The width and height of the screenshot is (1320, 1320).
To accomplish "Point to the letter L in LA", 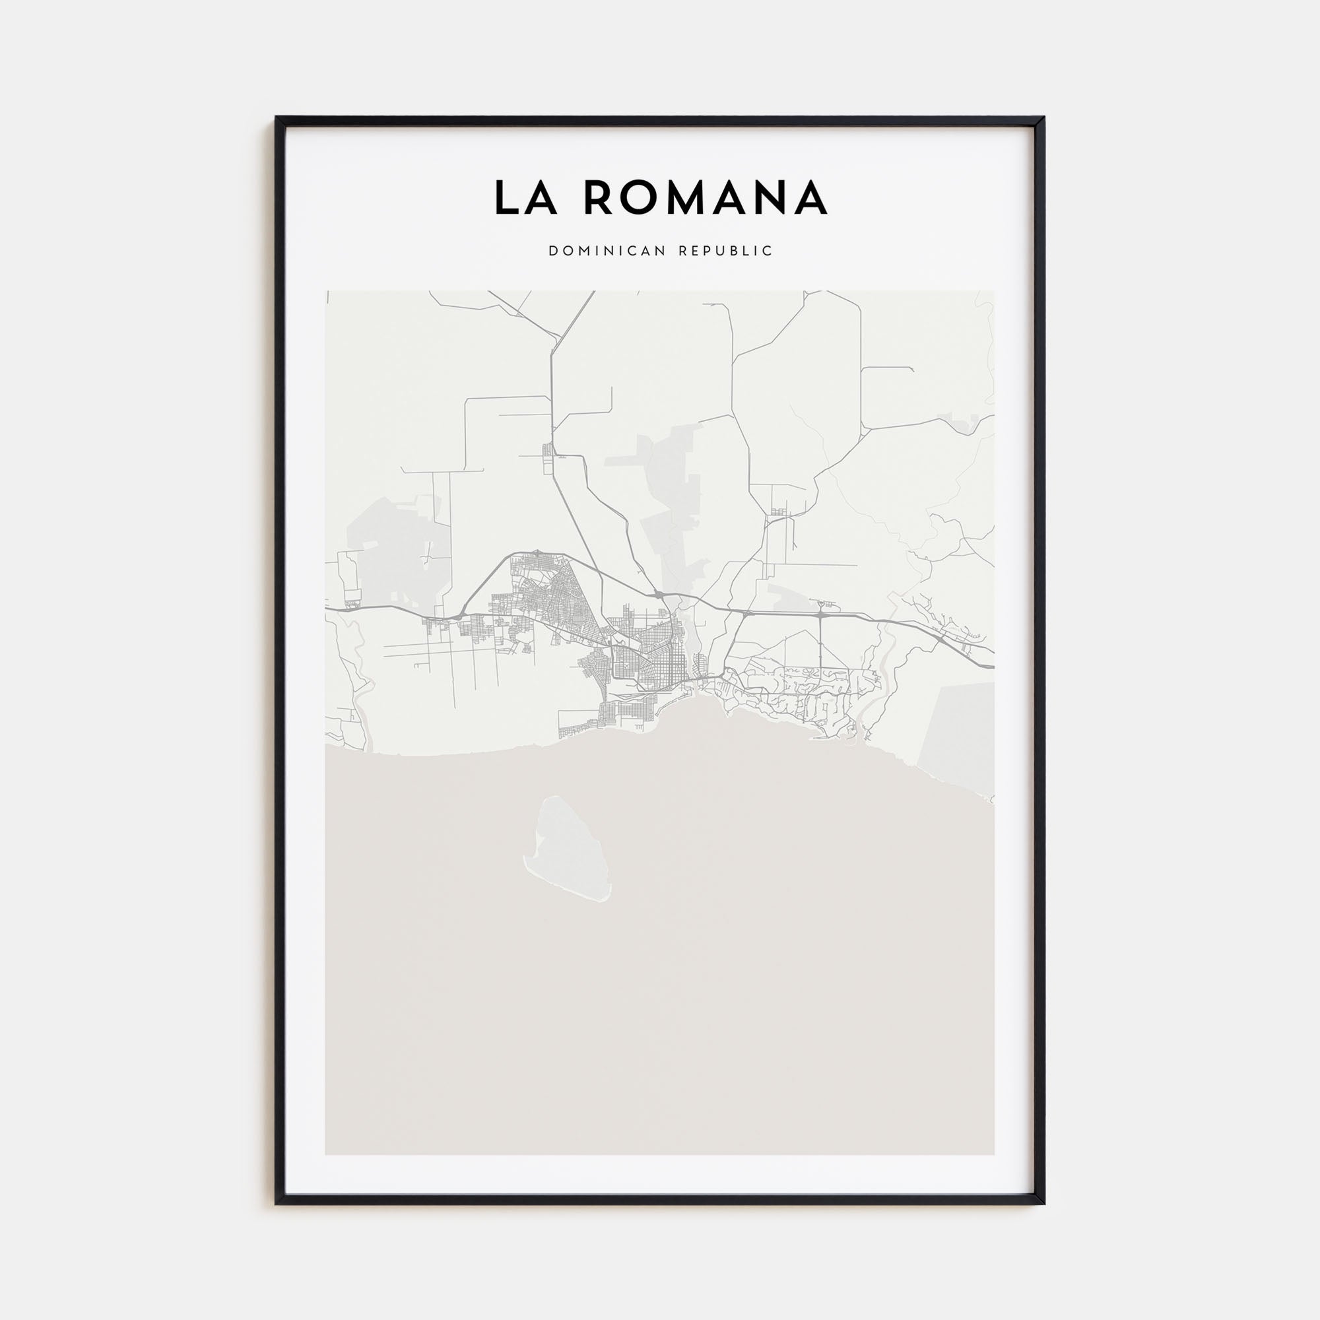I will tap(505, 197).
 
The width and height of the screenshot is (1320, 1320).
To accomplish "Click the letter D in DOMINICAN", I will tap(552, 251).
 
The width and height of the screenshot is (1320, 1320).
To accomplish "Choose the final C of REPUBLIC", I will tap(769, 251).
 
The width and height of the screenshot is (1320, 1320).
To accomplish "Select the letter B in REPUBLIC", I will tap(739, 251).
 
